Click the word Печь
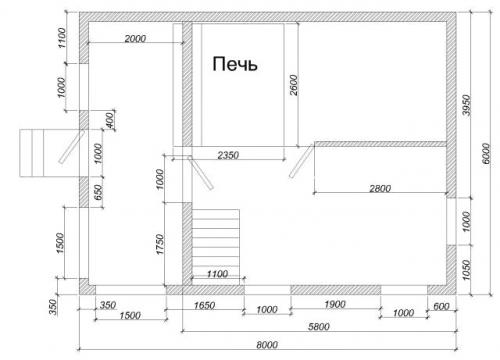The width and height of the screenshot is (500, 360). tap(235, 64)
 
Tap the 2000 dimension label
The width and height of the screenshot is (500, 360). tap(135, 39)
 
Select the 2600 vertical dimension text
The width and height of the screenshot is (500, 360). tap(294, 85)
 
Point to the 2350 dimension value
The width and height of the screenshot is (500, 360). tap(228, 155)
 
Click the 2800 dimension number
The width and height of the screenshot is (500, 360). tap(380, 189)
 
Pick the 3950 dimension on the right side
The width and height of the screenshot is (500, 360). tap(467, 105)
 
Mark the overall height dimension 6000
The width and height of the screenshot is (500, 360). tap(486, 153)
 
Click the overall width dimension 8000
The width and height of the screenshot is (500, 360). tap(267, 344)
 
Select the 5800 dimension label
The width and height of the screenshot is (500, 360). tap(319, 326)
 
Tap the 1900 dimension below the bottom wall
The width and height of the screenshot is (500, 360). tap(335, 304)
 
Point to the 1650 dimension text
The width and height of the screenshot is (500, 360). tap(204, 305)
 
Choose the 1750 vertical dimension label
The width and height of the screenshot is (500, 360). tap(160, 244)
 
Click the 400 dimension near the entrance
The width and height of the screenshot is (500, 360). tap(110, 120)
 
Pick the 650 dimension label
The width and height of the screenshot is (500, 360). tap(99, 193)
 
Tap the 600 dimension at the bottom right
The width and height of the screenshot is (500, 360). tap(442, 306)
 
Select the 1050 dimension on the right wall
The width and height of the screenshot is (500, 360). tap(466, 270)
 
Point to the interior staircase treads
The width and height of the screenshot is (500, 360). tap(216, 247)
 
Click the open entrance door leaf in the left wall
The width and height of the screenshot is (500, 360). tap(72, 147)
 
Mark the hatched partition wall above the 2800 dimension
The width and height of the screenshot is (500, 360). tap(380, 144)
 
